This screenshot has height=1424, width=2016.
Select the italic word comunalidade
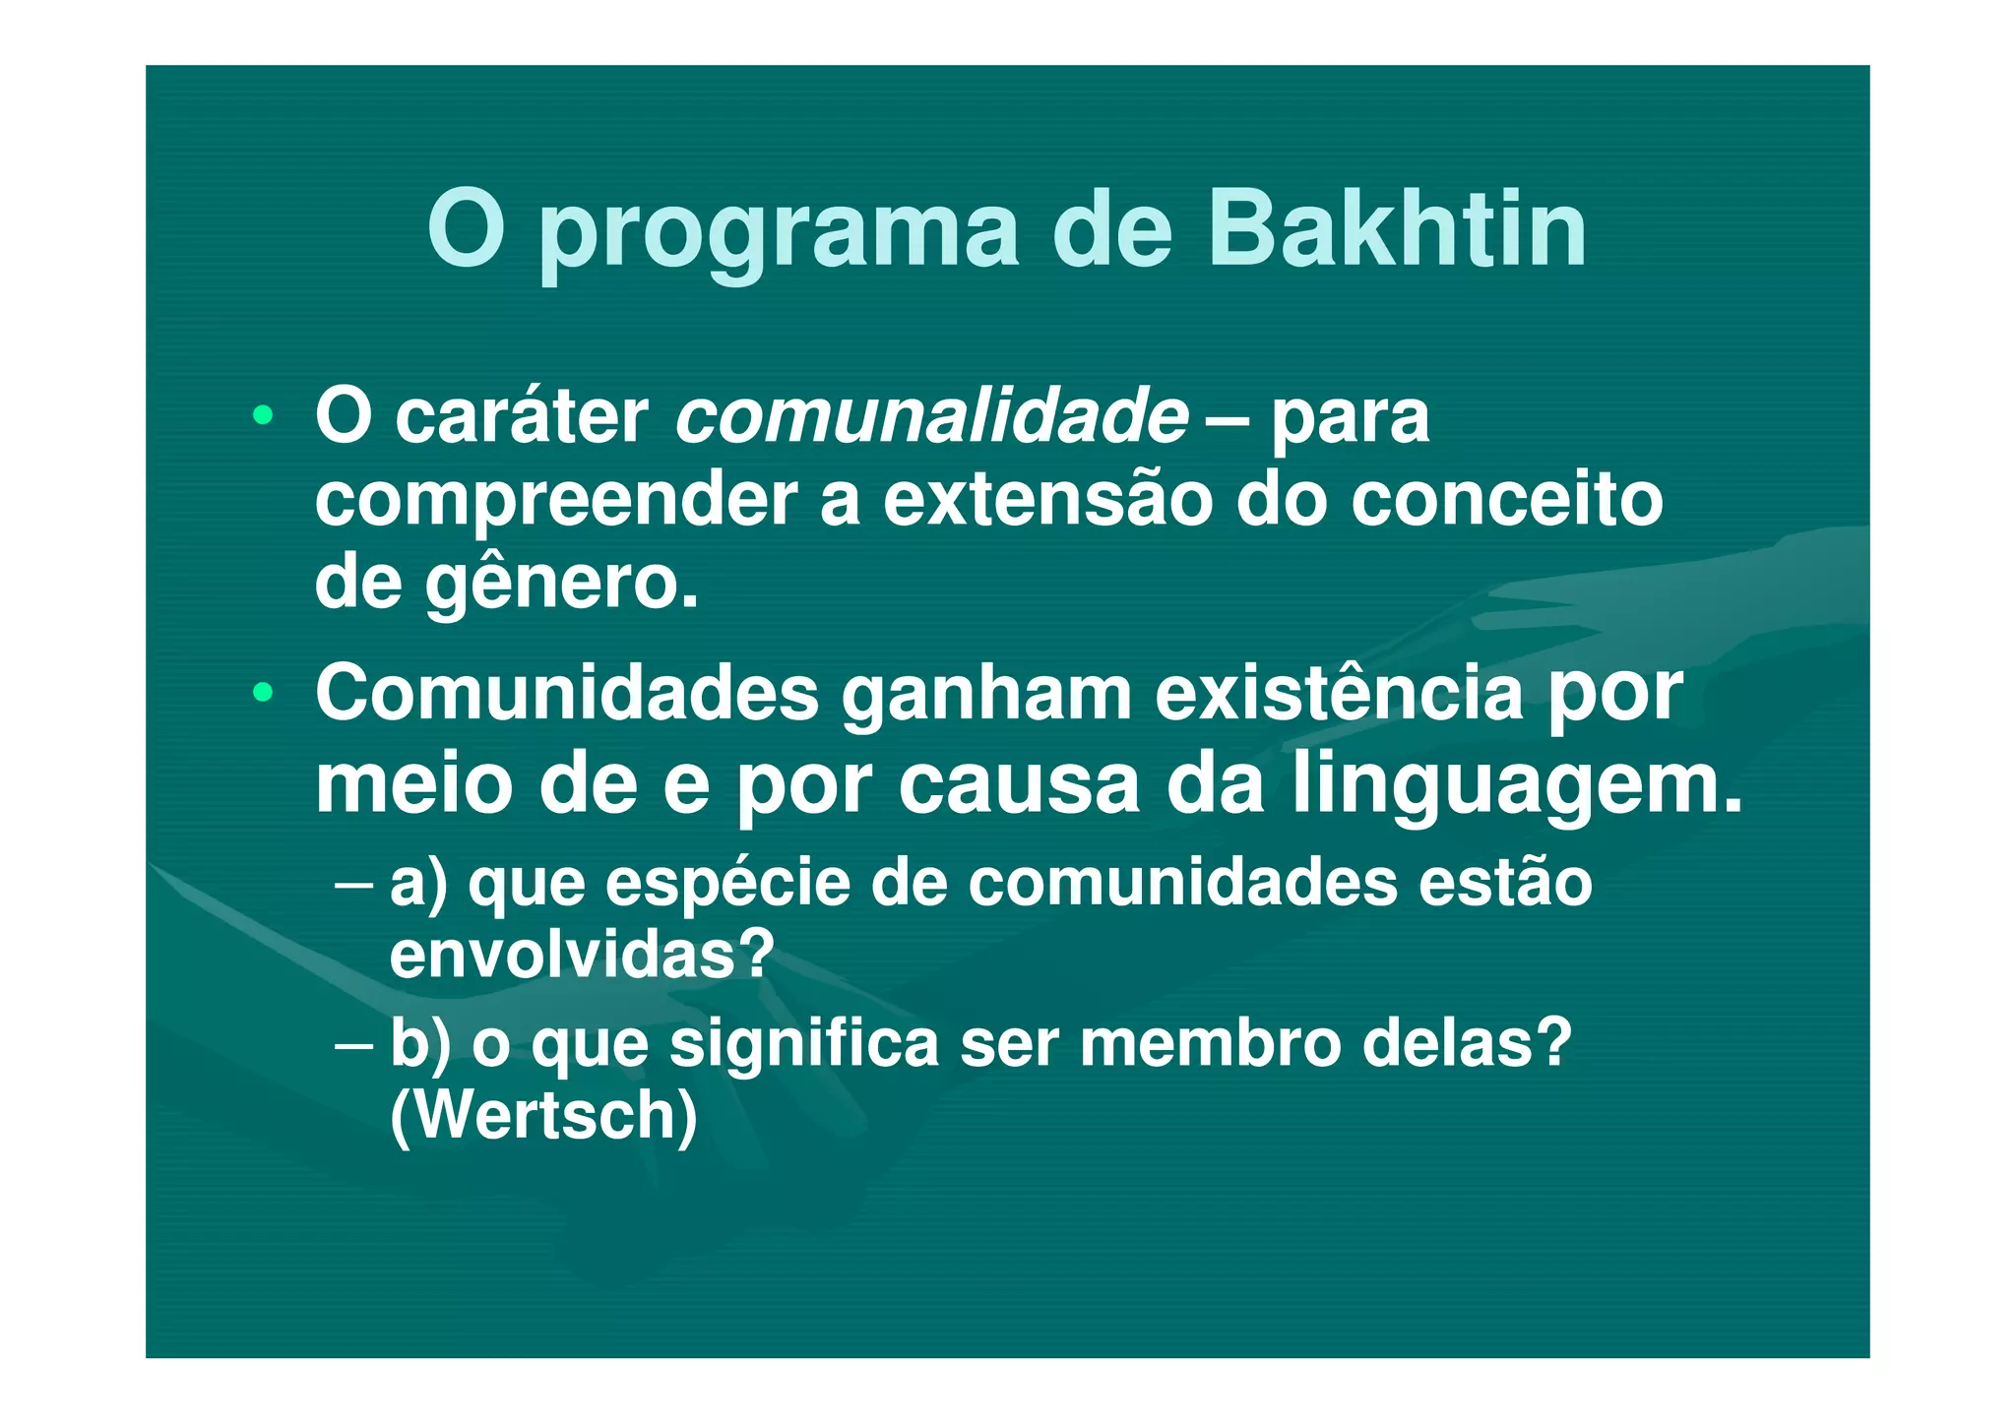931,417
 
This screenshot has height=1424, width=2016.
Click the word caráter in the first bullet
522,417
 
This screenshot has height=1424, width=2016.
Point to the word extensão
1047,500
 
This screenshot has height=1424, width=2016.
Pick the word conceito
1506,500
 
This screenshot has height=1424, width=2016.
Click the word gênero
562,585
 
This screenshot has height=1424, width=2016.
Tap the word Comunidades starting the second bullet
567,694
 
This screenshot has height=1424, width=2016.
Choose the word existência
1339,694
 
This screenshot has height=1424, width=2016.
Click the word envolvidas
582,954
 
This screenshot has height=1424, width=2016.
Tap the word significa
804,1043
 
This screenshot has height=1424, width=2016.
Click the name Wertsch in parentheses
543,1115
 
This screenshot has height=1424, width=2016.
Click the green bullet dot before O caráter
262,416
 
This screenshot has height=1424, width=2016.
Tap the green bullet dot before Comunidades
262,693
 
